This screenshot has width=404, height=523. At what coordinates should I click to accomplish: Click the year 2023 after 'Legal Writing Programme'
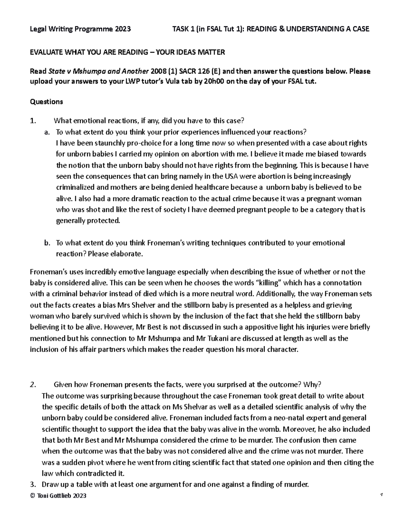tap(122, 29)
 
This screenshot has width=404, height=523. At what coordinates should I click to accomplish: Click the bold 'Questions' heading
tap(46, 101)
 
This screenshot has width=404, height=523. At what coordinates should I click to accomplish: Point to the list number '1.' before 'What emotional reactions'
tap(32, 121)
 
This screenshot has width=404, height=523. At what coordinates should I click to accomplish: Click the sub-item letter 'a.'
tap(47, 132)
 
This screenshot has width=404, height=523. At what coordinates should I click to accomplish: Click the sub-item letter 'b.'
tap(47, 243)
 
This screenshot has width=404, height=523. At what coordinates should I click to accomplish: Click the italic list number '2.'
tap(32, 385)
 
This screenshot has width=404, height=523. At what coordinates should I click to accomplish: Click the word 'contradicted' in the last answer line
tap(91, 473)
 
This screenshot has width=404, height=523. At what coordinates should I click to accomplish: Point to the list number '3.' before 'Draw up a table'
tap(32, 485)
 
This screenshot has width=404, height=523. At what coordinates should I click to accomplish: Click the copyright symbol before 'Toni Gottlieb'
tap(32, 496)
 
